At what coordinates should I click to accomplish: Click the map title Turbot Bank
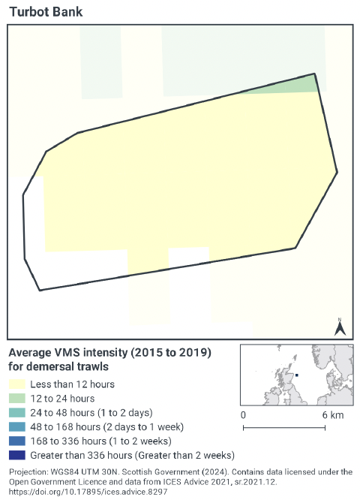pyautogui.click(x=46, y=12)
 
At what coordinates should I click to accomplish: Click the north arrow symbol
pyautogui.click(x=339, y=327)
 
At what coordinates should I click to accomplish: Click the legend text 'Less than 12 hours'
pyautogui.click(x=72, y=384)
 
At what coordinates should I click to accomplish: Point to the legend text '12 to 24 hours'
pyautogui.click(x=62, y=399)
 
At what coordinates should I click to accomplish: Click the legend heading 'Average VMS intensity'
pyautogui.click(x=109, y=353)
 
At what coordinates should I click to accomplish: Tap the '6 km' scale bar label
pyautogui.click(x=332, y=414)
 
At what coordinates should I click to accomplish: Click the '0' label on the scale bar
pyautogui.click(x=244, y=414)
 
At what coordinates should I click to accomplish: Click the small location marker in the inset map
pyautogui.click(x=297, y=375)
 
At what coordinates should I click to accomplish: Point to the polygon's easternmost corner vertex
pyautogui.click(x=337, y=172)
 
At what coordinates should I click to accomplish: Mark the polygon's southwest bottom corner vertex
pyautogui.click(x=39, y=291)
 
